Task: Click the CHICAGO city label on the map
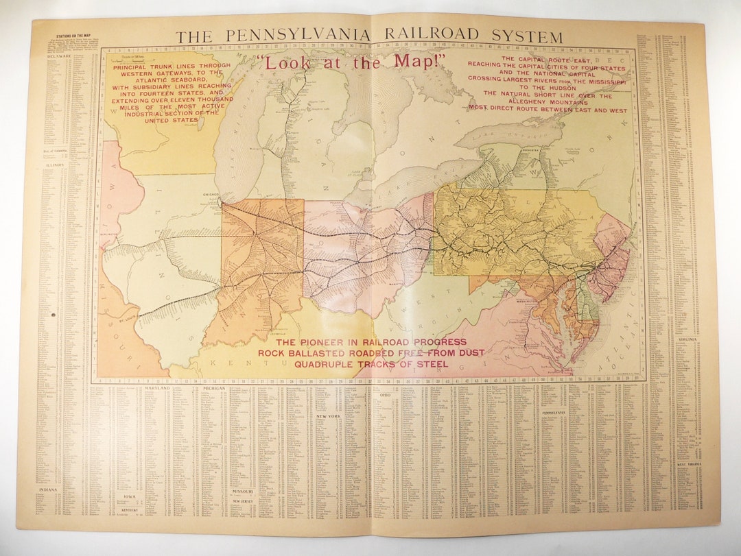coord(210,194)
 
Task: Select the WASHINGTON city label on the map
coord(540,299)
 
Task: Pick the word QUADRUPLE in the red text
coord(325,364)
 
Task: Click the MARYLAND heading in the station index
coord(157,388)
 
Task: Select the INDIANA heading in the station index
coord(48,489)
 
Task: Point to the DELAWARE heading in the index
coord(60,57)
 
